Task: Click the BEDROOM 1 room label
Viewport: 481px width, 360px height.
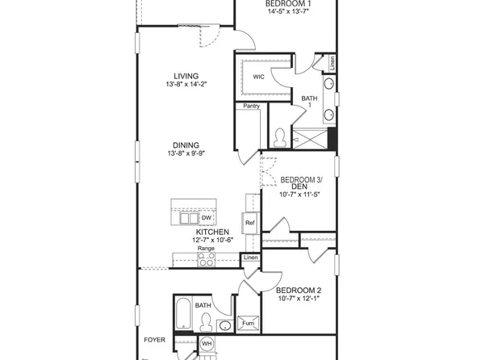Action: coord(289,4)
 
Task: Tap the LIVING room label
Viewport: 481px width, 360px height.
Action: coord(186,77)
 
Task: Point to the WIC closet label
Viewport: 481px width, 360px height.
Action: coord(258,77)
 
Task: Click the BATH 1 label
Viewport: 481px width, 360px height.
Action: coord(310,102)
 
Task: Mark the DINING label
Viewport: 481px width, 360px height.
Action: coord(186,145)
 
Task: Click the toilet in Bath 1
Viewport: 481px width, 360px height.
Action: coord(280,137)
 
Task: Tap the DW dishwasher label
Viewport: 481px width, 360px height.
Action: coord(206,218)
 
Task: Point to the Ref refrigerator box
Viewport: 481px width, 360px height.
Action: coord(249,223)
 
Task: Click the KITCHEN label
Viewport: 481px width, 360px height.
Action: coord(194,232)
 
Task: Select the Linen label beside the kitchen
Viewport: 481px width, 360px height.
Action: coord(251,257)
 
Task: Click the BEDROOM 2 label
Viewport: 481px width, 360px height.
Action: coord(299,291)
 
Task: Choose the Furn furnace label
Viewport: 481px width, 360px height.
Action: coord(248,324)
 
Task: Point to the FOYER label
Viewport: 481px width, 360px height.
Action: coord(153,340)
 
